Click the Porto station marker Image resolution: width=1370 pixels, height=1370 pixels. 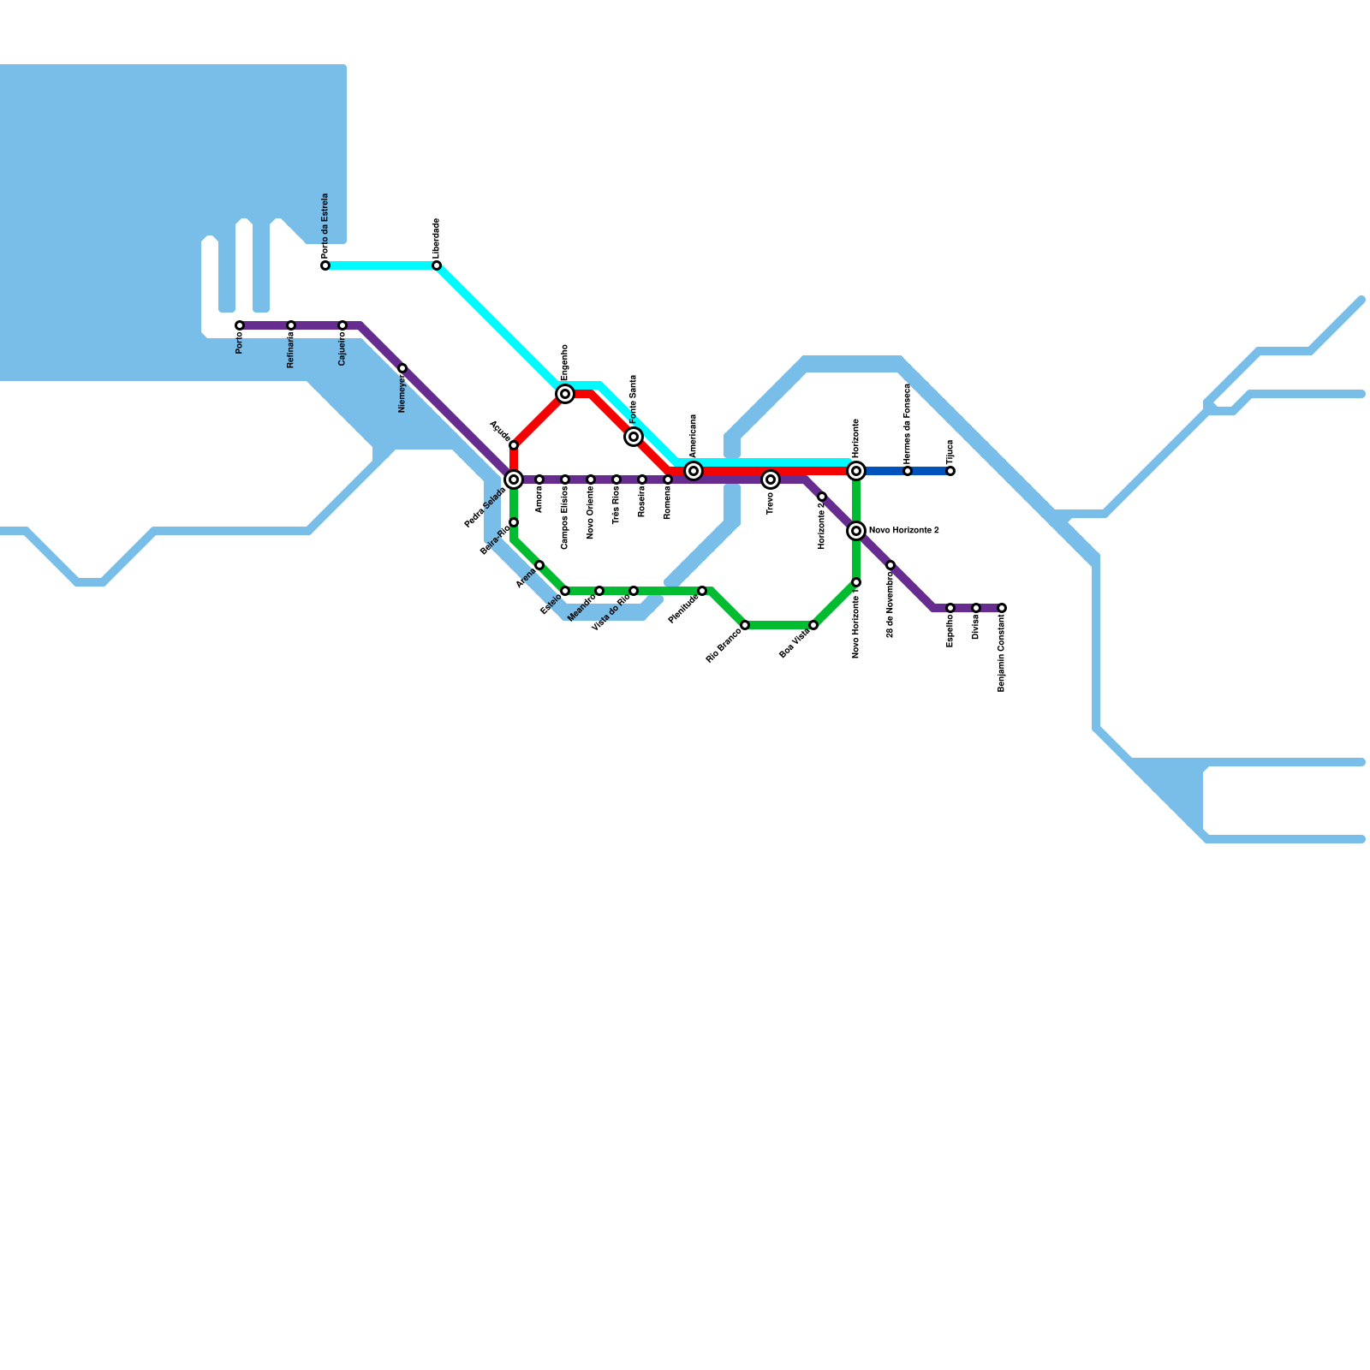[240, 325]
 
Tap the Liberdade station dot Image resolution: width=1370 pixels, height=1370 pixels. [437, 265]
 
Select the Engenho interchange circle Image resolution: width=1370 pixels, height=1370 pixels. [565, 394]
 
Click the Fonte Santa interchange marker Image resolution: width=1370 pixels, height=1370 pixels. [634, 437]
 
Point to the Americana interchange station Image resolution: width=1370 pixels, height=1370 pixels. [694, 471]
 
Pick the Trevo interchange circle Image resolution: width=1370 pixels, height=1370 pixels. [771, 479]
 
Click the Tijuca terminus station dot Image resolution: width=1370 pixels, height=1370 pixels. [950, 471]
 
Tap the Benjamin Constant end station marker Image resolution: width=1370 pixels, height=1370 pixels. [1002, 608]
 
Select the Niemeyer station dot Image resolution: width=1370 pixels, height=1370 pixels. [402, 368]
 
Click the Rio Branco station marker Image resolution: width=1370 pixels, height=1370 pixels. [745, 625]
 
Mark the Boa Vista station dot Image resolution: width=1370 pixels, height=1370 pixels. [813, 625]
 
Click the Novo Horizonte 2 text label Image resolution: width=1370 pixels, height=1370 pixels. [904, 531]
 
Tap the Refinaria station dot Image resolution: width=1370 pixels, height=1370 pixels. [291, 325]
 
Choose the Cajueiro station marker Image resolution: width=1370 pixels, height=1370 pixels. [342, 325]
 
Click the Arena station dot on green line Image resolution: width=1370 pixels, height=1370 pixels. [539, 565]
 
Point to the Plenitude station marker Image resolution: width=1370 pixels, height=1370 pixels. [702, 591]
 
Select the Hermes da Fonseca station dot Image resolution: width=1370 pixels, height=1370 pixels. [908, 471]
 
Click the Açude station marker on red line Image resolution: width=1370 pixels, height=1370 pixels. [514, 445]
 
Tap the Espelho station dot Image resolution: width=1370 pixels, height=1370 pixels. [950, 608]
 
